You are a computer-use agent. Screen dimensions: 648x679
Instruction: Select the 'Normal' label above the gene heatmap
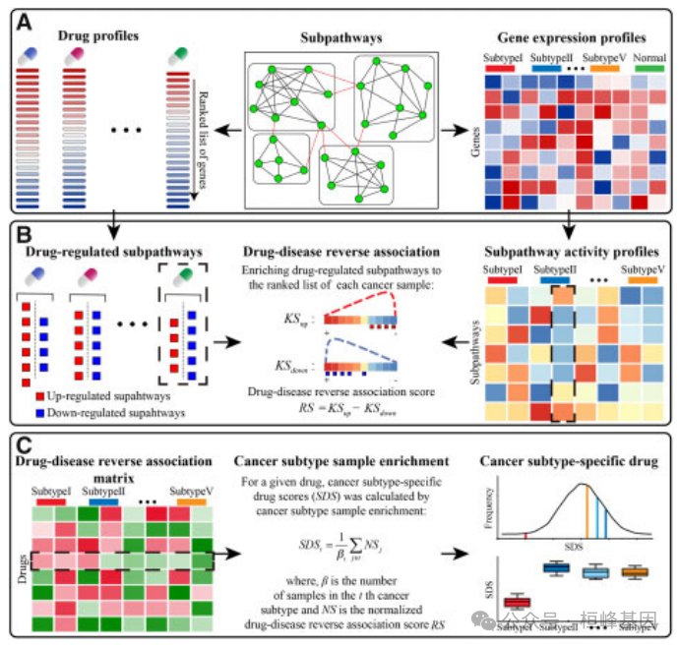pos(650,56)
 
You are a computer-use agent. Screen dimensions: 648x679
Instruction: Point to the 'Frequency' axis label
pos(489,510)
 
